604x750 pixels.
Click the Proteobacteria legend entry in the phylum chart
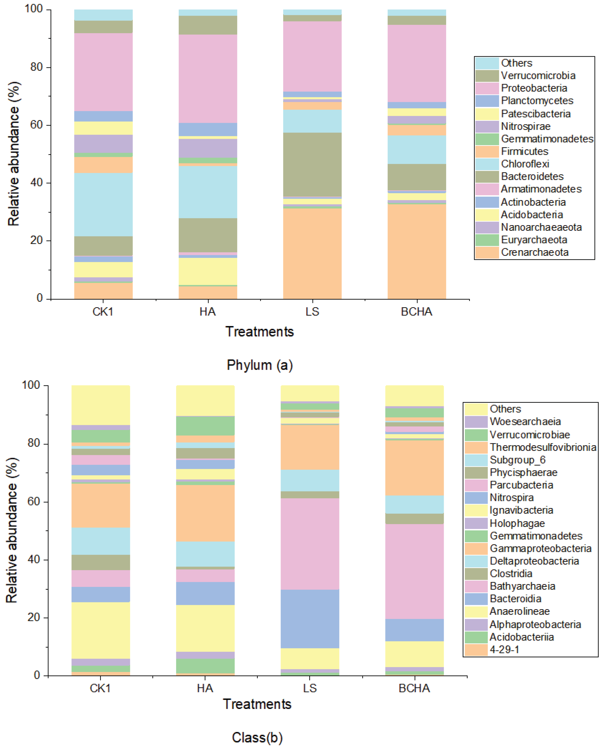coord(534,88)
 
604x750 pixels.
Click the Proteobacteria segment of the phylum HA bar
coord(208,79)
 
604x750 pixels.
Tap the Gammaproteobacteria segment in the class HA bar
coord(205,513)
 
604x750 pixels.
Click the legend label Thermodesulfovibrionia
coord(543,447)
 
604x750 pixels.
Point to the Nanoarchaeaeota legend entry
coord(541,227)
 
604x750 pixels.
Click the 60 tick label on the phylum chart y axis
coord(36,125)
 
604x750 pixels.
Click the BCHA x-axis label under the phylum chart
coord(416,312)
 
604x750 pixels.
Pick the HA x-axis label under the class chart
coord(205,688)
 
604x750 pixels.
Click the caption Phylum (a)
coord(260,365)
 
